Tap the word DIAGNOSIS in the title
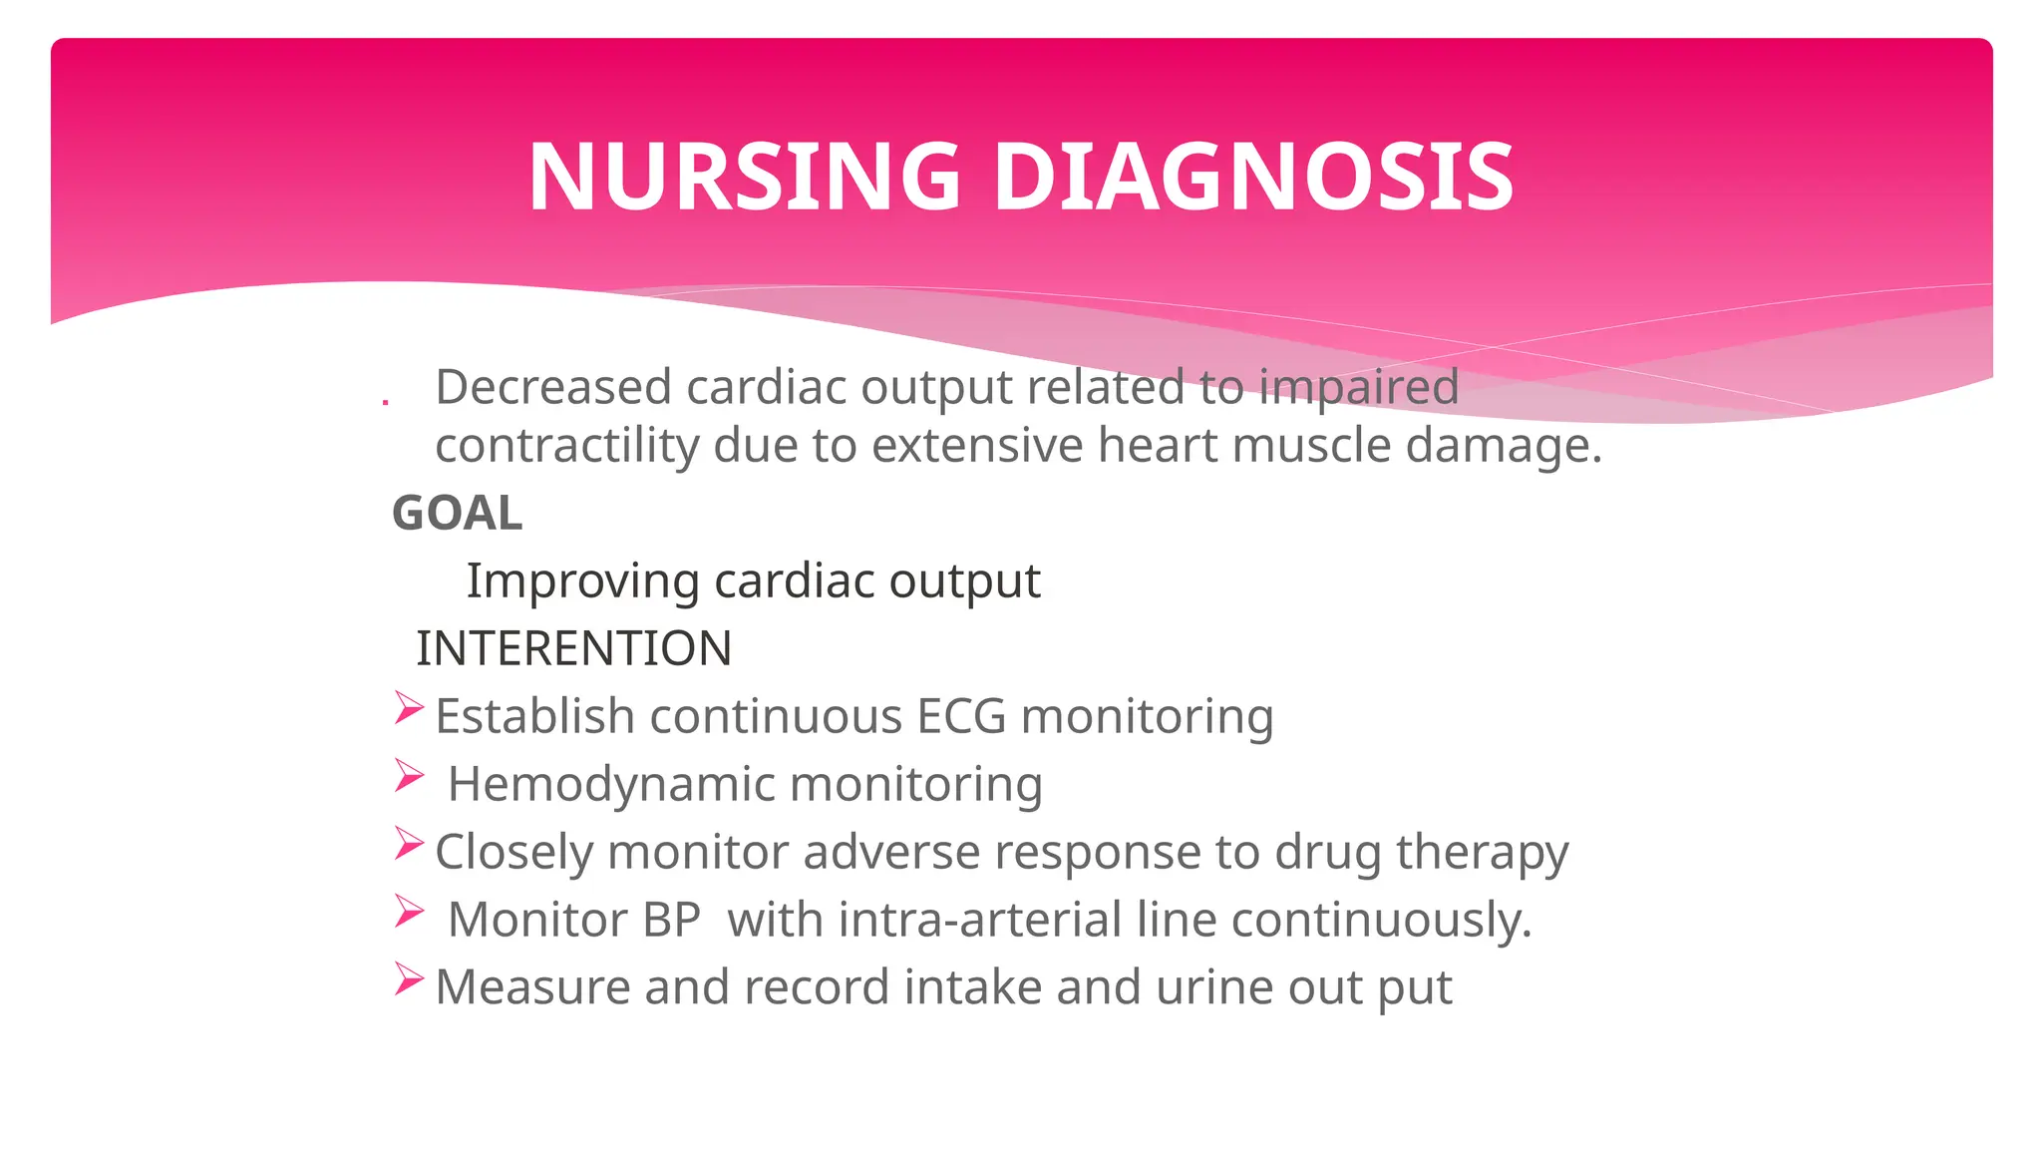(1253, 178)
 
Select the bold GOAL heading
(457, 514)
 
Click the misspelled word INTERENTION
(573, 648)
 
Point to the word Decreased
(552, 387)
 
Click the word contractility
(566, 445)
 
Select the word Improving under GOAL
(582, 581)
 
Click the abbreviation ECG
(961, 716)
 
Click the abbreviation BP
(671, 920)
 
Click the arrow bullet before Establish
(409, 708)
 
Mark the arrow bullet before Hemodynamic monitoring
(409, 776)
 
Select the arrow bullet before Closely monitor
(409, 844)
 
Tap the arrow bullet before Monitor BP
(409, 912)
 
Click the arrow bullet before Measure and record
(409, 979)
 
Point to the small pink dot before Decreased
(385, 402)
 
